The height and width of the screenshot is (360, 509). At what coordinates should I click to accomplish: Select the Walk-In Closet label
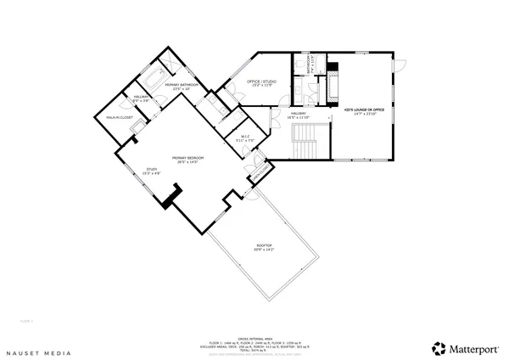point(120,116)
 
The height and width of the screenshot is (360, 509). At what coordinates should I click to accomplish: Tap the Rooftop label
point(265,248)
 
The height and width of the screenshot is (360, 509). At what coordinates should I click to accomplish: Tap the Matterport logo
point(461,348)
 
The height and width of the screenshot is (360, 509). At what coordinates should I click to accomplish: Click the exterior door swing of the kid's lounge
point(400,65)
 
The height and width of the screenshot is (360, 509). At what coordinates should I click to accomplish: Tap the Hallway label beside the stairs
point(299,115)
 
